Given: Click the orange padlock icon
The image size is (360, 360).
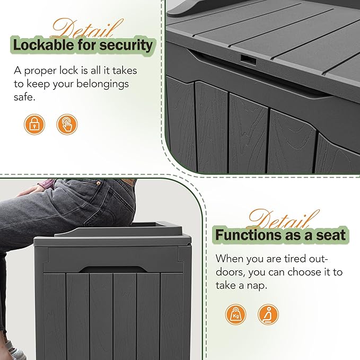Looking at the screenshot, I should pos(34,125).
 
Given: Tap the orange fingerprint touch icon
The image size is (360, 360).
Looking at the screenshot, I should pos(67,125).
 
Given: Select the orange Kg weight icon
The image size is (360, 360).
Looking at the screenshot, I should pos(236,314).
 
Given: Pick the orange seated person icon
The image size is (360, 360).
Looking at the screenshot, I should pos(268,314).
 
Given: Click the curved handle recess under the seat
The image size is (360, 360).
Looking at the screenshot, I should pos(115,260).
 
